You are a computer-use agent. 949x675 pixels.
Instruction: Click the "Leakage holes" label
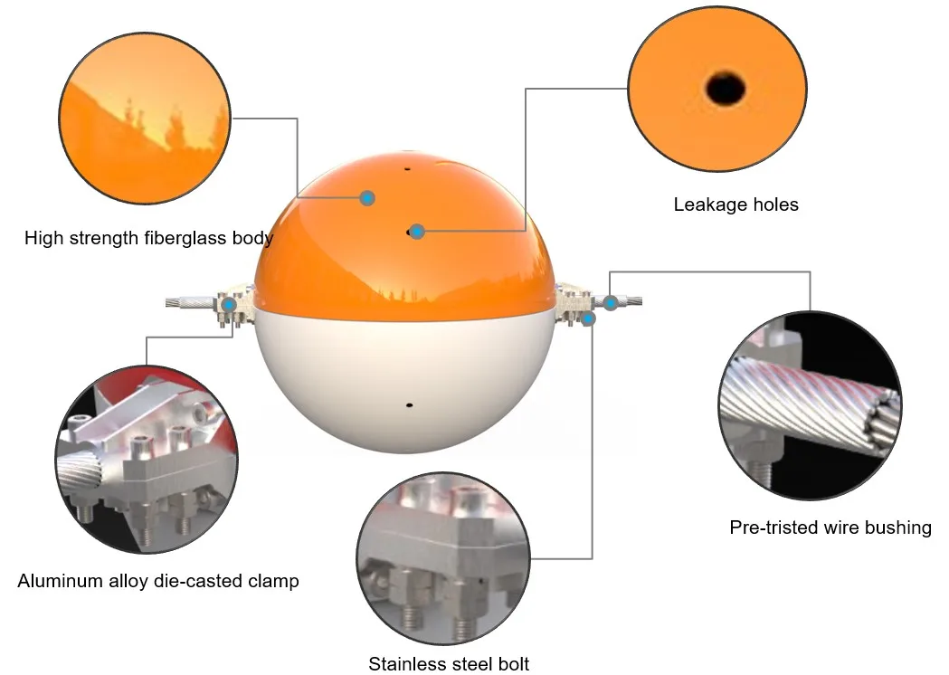(x=735, y=204)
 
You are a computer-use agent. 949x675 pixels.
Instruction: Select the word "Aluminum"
(x=57, y=581)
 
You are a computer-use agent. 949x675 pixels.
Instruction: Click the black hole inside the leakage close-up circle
(x=726, y=89)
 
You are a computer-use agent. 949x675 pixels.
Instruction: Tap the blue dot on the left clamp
(x=229, y=305)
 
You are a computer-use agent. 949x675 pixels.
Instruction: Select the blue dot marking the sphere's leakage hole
(x=417, y=232)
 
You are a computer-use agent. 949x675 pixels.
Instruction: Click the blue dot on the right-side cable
(x=612, y=302)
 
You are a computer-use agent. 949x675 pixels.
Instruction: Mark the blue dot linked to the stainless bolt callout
(x=589, y=318)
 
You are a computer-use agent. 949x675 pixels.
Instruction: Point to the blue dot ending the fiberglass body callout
(x=367, y=197)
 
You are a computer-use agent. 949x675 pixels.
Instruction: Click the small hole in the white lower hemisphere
(x=409, y=404)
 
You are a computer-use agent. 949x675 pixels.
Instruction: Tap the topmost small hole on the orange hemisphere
(x=407, y=168)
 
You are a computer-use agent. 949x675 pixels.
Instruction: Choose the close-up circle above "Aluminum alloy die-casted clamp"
(x=147, y=459)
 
